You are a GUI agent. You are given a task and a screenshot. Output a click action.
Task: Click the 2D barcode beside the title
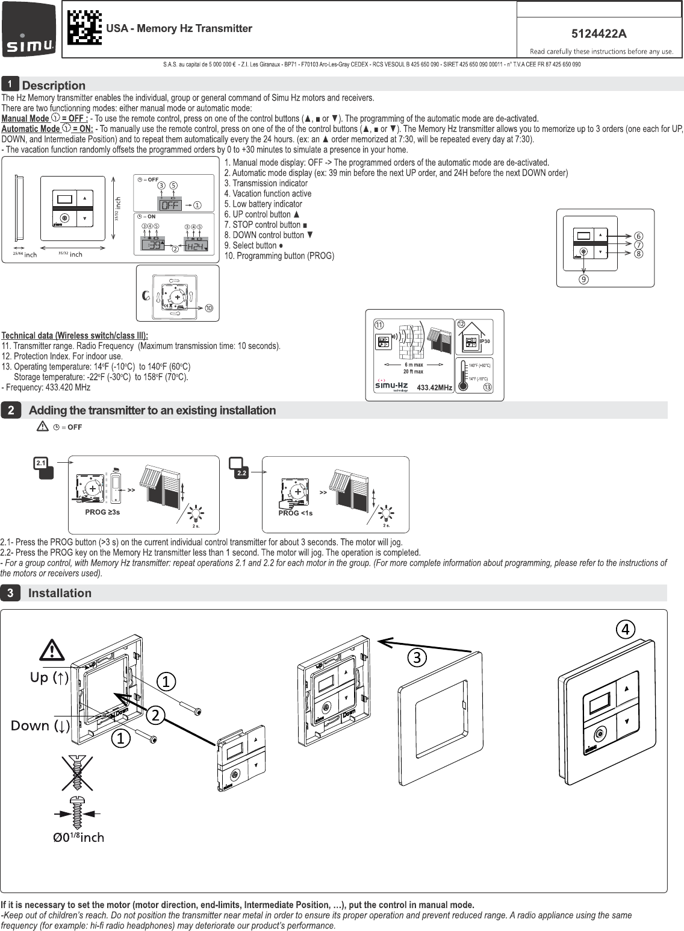84,28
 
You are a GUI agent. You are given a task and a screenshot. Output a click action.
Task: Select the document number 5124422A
598,34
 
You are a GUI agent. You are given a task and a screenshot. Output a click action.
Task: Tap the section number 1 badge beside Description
10,84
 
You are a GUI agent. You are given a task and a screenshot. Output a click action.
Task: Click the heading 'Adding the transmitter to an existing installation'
152,410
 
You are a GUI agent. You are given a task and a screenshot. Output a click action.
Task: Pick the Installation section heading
60,593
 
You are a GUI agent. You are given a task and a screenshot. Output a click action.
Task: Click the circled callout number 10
208,309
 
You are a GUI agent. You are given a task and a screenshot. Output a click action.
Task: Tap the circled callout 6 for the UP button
638,236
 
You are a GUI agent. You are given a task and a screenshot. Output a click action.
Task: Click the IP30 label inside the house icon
485,342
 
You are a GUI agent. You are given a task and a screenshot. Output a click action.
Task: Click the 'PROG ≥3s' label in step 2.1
102,512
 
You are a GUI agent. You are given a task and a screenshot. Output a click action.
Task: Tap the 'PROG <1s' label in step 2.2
295,513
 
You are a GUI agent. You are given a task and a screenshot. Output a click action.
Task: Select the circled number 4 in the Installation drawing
626,629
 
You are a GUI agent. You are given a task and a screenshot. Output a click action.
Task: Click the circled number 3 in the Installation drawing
415,657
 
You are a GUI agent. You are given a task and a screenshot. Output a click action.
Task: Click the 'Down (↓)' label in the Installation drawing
40,726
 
